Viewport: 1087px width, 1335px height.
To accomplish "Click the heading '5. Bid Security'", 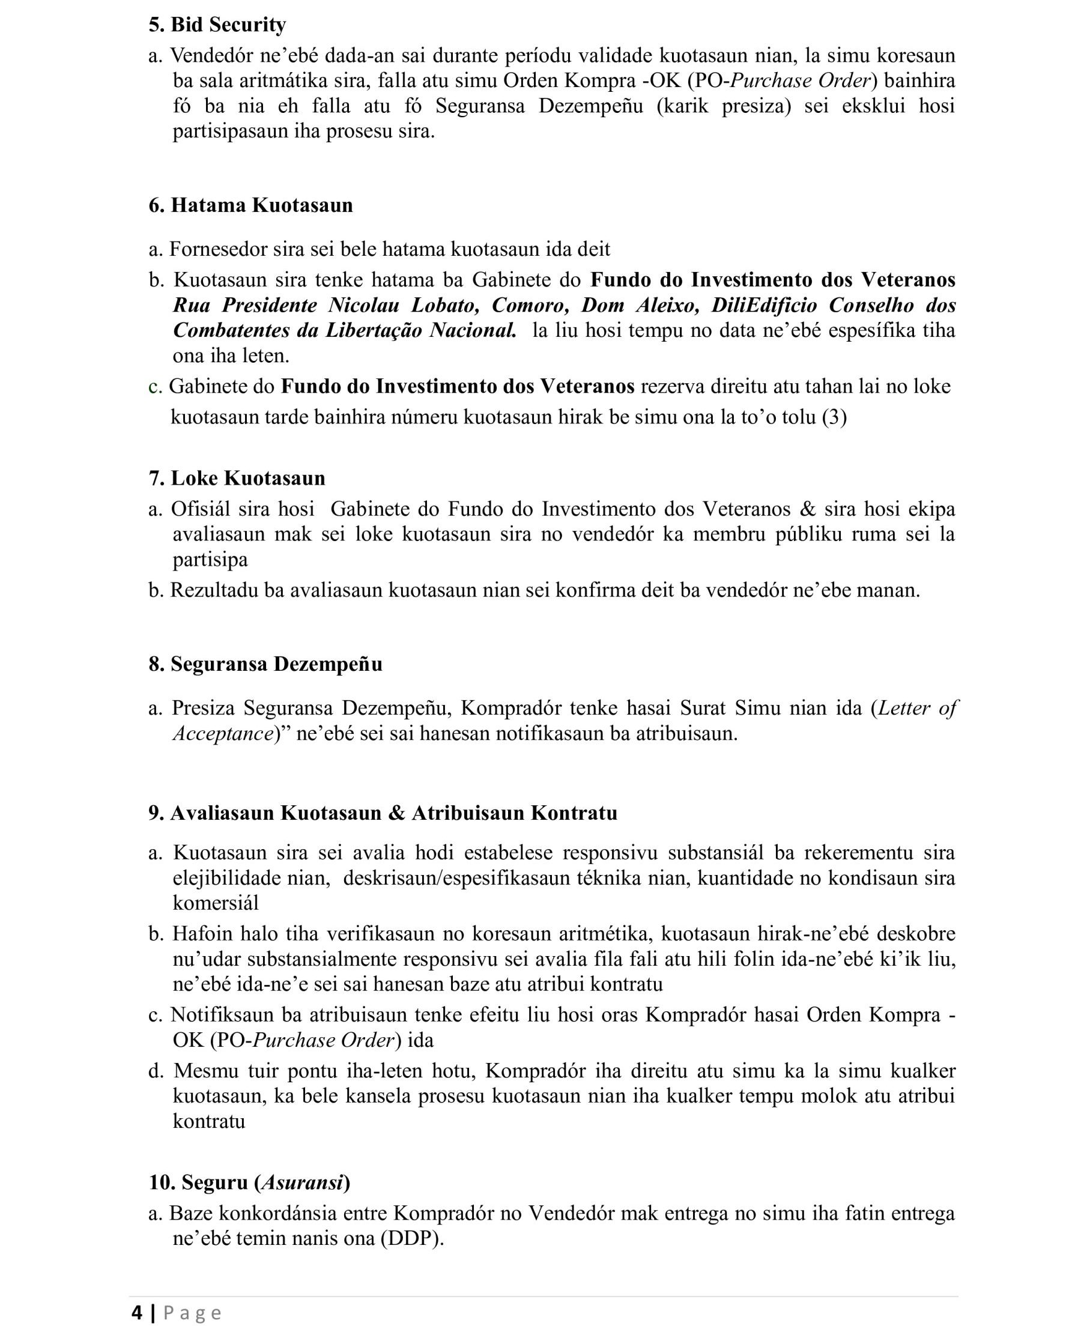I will tap(217, 25).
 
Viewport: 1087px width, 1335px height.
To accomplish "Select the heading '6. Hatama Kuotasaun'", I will tap(250, 205).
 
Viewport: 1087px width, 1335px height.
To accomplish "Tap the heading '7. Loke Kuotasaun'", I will tap(237, 478).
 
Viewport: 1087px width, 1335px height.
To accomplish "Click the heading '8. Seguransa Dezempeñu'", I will tap(265, 664).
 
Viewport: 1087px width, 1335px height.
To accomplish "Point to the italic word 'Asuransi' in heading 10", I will tap(303, 1182).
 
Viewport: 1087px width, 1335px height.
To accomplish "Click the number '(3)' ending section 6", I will tap(834, 417).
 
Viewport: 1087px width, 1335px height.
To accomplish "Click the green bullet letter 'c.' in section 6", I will tap(156, 386).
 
